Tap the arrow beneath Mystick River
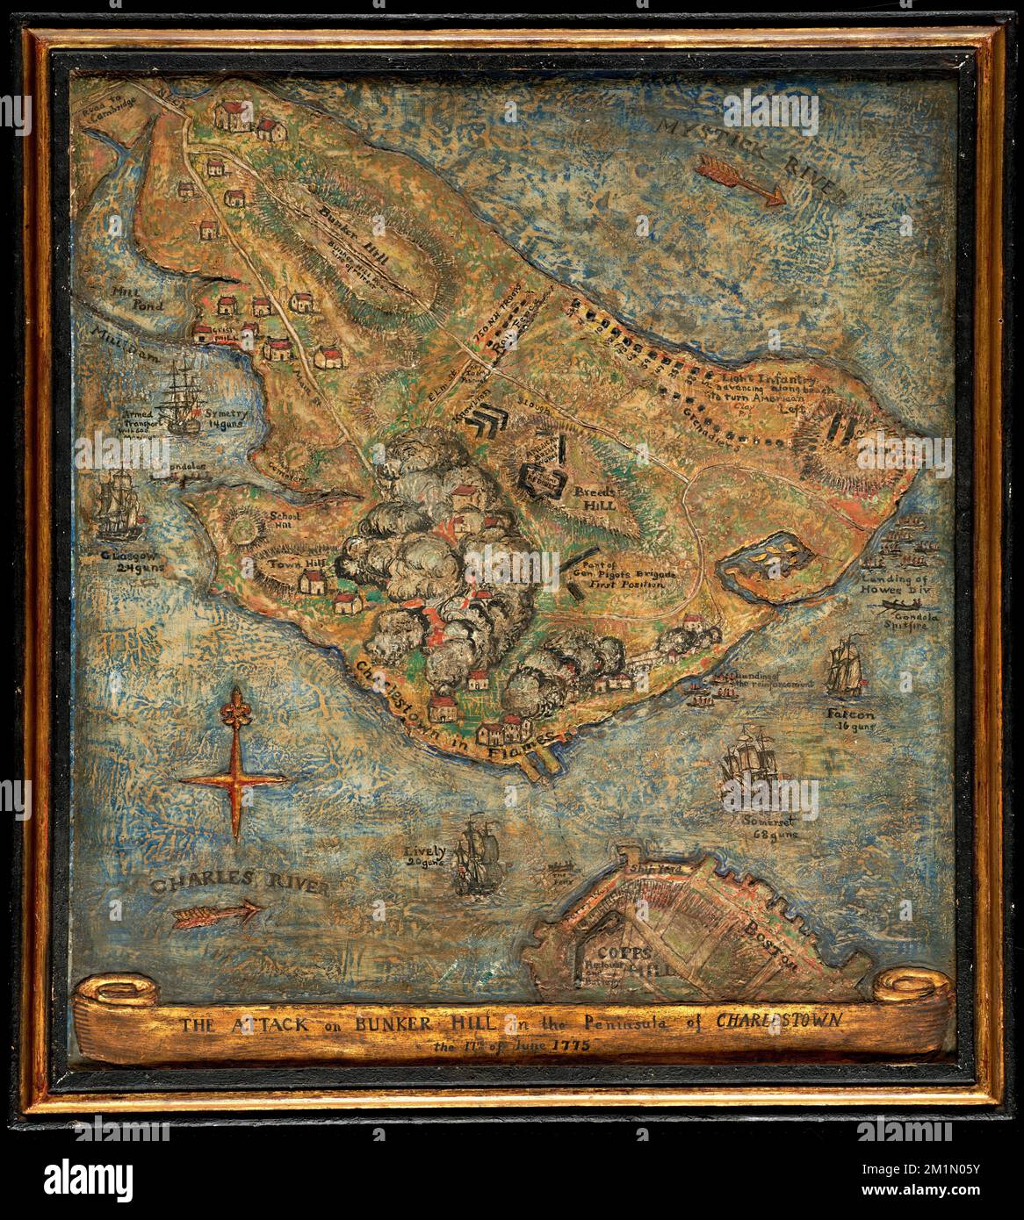tap(741, 181)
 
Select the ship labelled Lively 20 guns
tap(480, 854)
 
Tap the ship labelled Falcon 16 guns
tap(845, 665)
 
